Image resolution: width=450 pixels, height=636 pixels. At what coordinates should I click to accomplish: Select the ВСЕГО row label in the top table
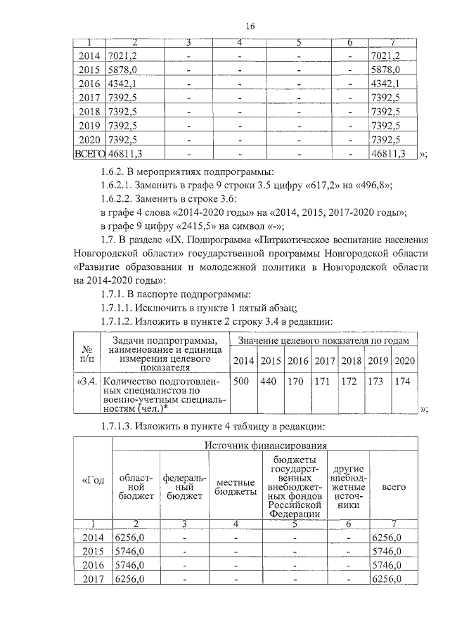(89, 152)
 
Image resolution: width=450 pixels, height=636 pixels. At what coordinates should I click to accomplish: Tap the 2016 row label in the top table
(89, 84)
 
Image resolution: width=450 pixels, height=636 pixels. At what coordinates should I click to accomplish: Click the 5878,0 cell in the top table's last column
(385, 70)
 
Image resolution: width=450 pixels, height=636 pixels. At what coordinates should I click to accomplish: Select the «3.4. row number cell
(88, 382)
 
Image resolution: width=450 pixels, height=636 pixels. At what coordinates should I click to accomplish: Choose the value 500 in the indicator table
(241, 381)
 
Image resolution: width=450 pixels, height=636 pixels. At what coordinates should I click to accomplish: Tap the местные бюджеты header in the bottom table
(236, 487)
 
